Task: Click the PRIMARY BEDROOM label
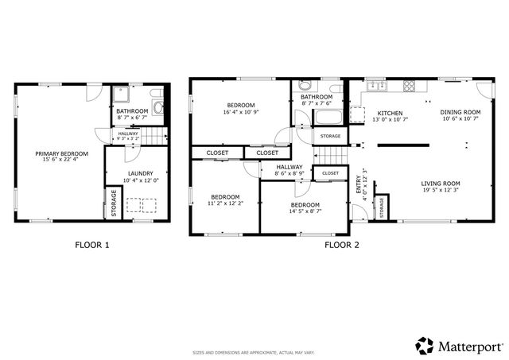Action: (x=61, y=153)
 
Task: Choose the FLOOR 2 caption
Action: (x=342, y=245)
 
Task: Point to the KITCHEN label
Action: (x=390, y=113)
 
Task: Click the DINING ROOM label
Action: (x=460, y=112)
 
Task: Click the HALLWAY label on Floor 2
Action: (x=289, y=167)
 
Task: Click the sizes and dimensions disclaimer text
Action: (x=254, y=352)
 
